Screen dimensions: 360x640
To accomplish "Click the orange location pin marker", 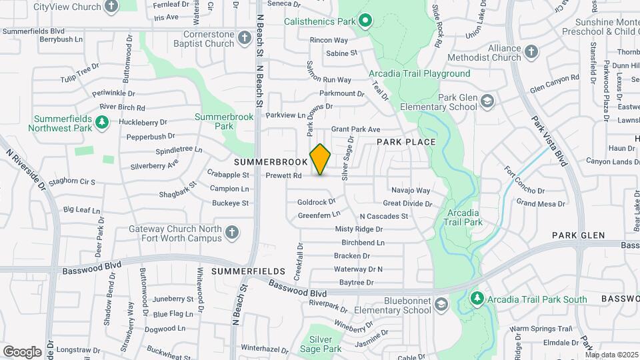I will pyautogui.click(x=320, y=159).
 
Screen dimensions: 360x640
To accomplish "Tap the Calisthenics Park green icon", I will pyautogui.click(x=365, y=21).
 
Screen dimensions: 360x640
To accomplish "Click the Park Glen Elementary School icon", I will pyautogui.click(x=487, y=101).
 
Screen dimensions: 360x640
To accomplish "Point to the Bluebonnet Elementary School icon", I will pyautogui.click(x=441, y=305).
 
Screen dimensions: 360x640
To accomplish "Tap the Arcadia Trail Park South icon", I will pyautogui.click(x=476, y=299).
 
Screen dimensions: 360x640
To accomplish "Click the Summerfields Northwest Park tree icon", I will pyautogui.click(x=102, y=122).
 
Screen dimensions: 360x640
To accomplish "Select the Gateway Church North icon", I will pyautogui.click(x=231, y=232).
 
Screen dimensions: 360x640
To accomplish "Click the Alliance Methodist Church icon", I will pyautogui.click(x=531, y=52).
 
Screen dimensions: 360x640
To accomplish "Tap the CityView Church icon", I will pyautogui.click(x=111, y=7).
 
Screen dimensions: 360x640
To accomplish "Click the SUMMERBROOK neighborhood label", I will pyautogui.click(x=270, y=162).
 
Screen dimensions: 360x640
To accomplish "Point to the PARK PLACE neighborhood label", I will pyautogui.click(x=406, y=142).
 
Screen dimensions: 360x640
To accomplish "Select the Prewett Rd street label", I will pyautogui.click(x=283, y=176).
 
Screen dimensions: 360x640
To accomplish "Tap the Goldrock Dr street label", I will pyautogui.click(x=316, y=201).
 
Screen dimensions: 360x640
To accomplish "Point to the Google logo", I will pyautogui.click(x=22, y=351).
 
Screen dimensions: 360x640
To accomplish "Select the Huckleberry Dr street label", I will pyautogui.click(x=142, y=123).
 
